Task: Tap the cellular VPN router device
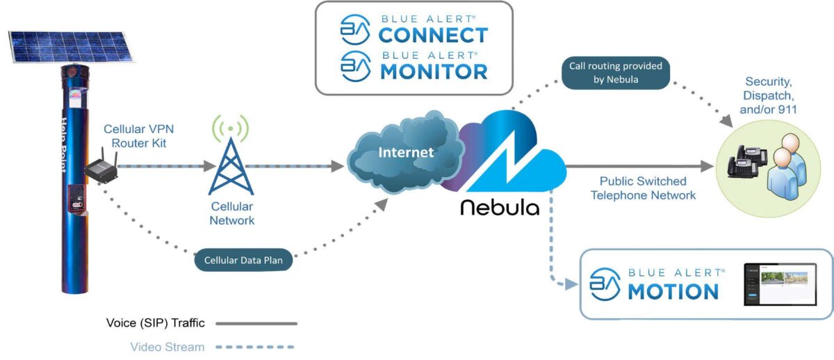tap(100, 169)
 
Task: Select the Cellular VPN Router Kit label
tap(136, 136)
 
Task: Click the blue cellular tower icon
tap(229, 165)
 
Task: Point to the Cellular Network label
tap(232, 213)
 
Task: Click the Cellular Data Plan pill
tap(243, 261)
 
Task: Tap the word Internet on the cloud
tap(406, 152)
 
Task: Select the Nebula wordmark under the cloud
tap(499, 206)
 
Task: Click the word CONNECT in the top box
tap(432, 35)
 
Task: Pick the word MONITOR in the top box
tap(432, 71)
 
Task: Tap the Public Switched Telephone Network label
tap(643, 188)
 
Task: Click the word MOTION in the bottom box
tap(673, 291)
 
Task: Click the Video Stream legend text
tap(167, 347)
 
